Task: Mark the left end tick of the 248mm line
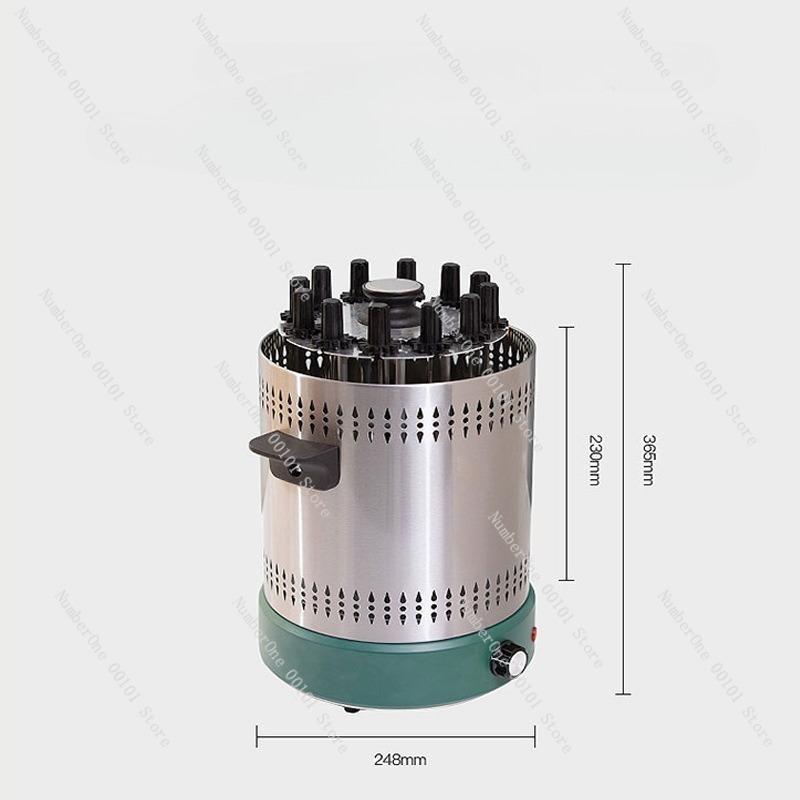[257, 736]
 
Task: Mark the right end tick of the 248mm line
[535, 736]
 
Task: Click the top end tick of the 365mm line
[623, 264]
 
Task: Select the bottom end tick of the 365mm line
[623, 693]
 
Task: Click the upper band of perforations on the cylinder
[400, 413]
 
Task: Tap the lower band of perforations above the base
[400, 597]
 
